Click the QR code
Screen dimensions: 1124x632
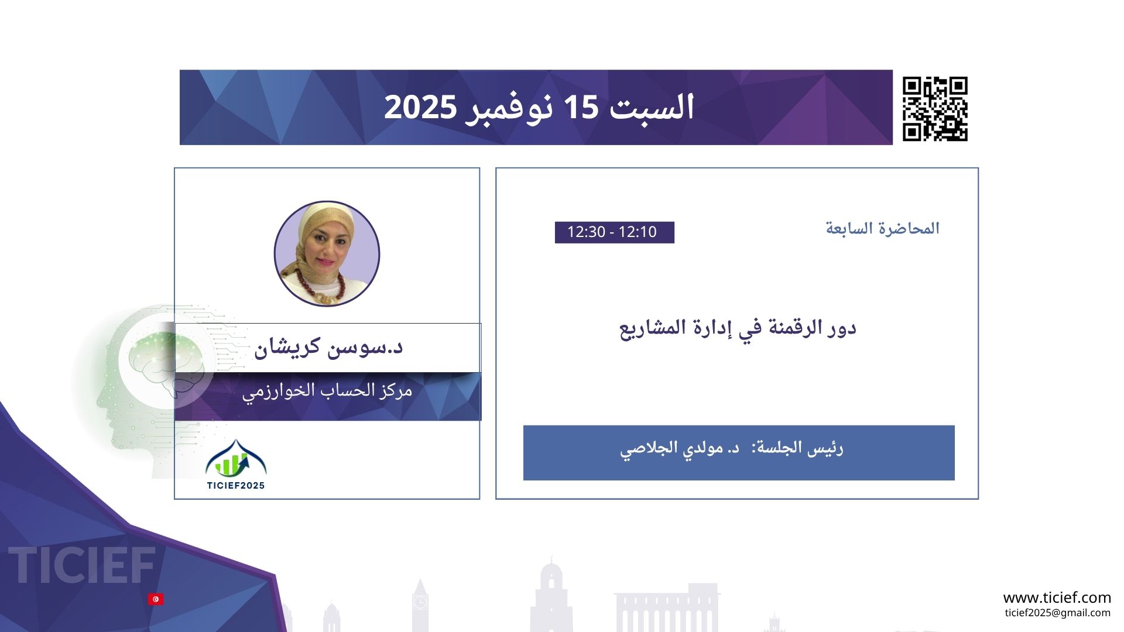click(x=935, y=109)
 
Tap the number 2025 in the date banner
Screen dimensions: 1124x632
click(x=420, y=108)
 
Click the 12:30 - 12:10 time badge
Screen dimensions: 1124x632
click(x=615, y=232)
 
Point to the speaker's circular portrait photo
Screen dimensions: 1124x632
click(x=327, y=254)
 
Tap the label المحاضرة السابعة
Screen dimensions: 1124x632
click(x=882, y=228)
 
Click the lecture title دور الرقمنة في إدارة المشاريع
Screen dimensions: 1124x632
click(x=738, y=328)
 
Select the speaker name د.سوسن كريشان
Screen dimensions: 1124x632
click(x=328, y=347)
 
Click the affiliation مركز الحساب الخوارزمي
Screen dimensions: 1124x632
click(x=327, y=391)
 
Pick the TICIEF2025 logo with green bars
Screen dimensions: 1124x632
click(x=236, y=465)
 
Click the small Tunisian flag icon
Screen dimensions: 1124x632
click(x=156, y=599)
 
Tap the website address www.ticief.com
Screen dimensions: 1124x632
click(x=1057, y=598)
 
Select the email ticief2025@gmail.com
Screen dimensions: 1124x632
click(x=1057, y=613)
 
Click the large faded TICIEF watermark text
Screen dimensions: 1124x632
click(x=82, y=565)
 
